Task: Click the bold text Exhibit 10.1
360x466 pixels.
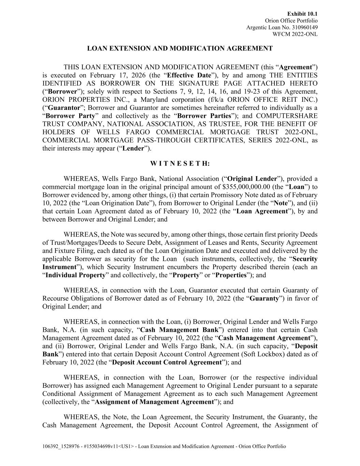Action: pyautogui.click(x=302, y=14)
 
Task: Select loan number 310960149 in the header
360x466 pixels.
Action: pyautogui.click(x=303, y=27)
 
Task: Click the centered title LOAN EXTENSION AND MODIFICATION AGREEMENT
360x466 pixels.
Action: pyautogui.click(x=180, y=48)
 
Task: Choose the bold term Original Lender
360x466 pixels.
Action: pyautogui.click(x=252, y=179)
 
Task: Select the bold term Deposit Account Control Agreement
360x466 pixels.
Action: pyautogui.click(x=167, y=363)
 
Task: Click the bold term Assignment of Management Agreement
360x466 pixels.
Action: pyautogui.click(x=154, y=402)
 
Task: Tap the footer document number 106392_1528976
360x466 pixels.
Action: pyautogui.click(x=62, y=447)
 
